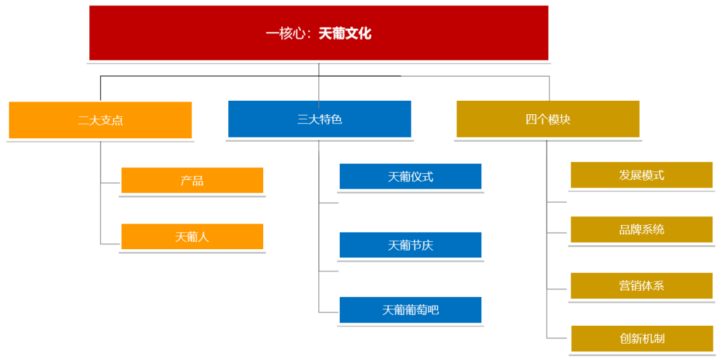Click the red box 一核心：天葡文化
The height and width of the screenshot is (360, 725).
(319, 33)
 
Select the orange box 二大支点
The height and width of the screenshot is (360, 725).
(100, 120)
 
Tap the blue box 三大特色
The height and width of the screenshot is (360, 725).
(320, 119)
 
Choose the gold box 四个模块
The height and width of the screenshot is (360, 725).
(548, 119)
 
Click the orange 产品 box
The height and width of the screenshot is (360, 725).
(192, 180)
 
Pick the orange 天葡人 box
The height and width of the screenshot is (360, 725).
(192, 236)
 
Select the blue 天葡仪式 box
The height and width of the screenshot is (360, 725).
(410, 177)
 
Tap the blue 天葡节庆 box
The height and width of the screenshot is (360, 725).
(410, 245)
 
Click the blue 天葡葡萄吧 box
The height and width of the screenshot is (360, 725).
(410, 310)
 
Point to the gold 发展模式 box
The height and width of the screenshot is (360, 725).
(641, 175)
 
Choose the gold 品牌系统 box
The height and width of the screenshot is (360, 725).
(641, 229)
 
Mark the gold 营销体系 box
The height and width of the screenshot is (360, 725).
(641, 285)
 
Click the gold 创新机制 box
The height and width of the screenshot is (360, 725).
(642, 339)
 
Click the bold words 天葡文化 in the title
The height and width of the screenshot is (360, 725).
(345, 33)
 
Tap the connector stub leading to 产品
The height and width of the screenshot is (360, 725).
(111, 183)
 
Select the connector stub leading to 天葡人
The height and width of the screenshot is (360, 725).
(111, 243)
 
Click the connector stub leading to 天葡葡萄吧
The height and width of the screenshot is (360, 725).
(329, 312)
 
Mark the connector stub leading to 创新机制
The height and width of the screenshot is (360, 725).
(559, 338)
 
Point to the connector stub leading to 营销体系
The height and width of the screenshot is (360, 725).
(557, 289)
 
